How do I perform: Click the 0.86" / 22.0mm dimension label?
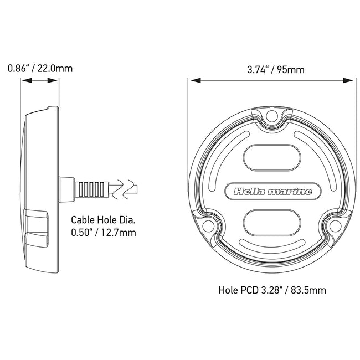(x=40, y=69)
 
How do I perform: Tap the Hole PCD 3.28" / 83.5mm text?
(x=271, y=289)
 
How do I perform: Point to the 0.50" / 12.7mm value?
(x=104, y=232)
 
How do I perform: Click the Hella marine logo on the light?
(x=272, y=192)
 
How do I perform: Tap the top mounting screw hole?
(x=271, y=116)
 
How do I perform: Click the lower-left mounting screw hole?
(x=207, y=225)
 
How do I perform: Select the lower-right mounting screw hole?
(x=336, y=225)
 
